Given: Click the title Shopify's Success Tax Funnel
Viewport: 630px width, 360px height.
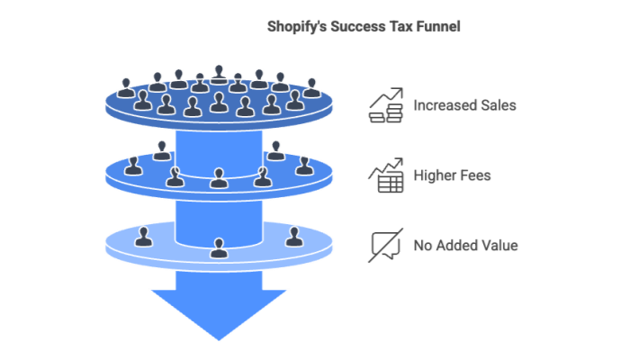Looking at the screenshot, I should click(364, 27).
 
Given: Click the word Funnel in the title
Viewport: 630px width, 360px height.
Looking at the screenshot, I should click(436, 27).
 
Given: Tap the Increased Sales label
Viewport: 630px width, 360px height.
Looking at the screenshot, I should click(464, 105).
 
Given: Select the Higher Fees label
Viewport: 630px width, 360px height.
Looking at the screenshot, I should click(452, 175).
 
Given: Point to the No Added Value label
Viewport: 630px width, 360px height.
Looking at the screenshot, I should click(465, 245).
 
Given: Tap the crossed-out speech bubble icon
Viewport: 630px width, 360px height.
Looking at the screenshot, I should click(385, 245).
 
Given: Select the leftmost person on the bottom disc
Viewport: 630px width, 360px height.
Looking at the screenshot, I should click(142, 237).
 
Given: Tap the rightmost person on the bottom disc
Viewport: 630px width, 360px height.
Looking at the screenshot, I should click(293, 237).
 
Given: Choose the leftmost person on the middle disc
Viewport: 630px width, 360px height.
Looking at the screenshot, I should click(134, 165).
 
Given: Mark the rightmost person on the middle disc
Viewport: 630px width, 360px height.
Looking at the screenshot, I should click(303, 165).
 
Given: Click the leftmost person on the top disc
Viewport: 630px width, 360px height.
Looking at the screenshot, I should click(126, 88).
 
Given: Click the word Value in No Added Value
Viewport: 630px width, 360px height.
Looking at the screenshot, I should click(499, 245).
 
